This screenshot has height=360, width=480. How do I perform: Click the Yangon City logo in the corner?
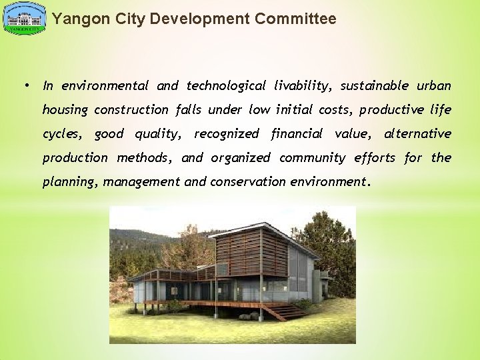(25, 18)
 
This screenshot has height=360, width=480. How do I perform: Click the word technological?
(226, 85)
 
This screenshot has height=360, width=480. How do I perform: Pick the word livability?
(302, 85)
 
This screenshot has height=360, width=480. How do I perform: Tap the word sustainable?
(375, 85)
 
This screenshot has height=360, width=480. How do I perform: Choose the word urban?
(434, 85)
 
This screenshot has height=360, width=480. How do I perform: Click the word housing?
(65, 109)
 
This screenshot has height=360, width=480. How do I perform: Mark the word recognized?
(226, 133)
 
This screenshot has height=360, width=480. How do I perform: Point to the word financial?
(297, 133)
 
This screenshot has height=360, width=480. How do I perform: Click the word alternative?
(417, 133)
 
